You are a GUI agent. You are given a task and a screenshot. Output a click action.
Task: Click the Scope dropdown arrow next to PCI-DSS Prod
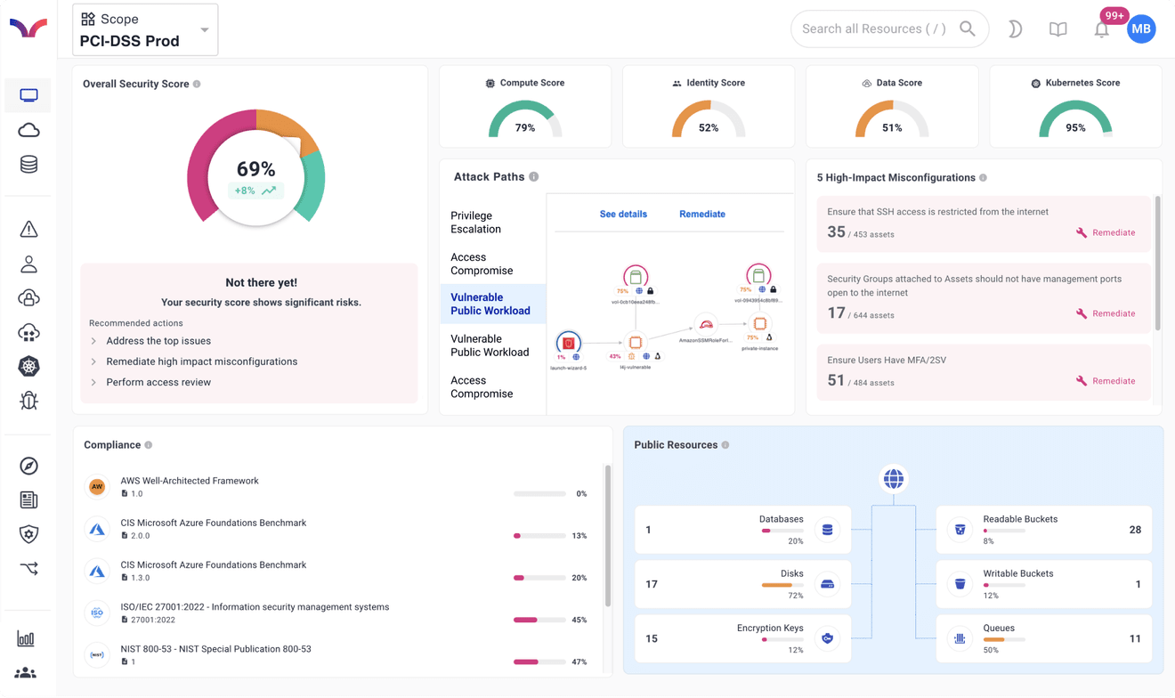click(205, 30)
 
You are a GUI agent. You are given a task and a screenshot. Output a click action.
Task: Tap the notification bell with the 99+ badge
click(1101, 29)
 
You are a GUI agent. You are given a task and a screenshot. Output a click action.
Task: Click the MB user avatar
click(1141, 28)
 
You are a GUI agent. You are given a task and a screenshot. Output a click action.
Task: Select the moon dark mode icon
click(1015, 29)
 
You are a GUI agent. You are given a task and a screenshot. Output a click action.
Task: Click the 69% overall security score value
click(255, 169)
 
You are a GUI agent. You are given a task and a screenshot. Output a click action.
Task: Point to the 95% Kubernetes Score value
click(1075, 127)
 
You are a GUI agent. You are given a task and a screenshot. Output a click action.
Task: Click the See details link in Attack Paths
click(623, 214)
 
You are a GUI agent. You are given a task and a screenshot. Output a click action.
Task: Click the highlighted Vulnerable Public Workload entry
click(490, 304)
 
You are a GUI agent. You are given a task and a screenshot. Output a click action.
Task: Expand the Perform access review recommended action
click(158, 382)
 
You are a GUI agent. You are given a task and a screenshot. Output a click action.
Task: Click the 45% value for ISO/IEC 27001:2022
click(579, 620)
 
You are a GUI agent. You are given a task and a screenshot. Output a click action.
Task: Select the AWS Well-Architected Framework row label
click(190, 481)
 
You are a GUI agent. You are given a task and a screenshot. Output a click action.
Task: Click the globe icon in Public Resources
click(893, 479)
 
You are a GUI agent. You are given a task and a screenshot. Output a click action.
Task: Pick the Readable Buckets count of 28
click(1134, 530)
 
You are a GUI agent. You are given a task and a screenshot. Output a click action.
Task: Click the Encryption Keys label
click(769, 628)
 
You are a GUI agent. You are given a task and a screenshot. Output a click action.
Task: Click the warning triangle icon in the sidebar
click(28, 230)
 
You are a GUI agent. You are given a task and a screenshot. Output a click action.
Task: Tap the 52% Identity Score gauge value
click(709, 127)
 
